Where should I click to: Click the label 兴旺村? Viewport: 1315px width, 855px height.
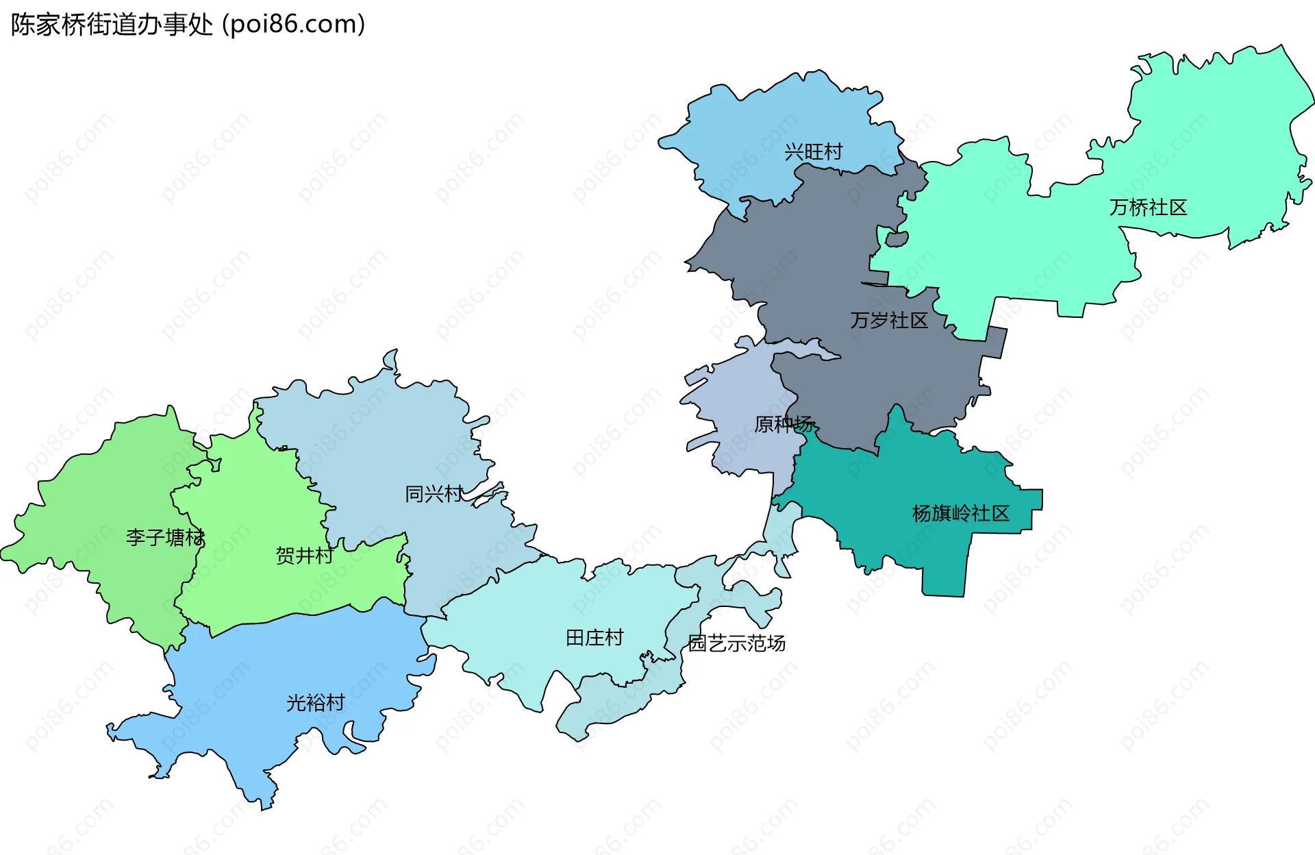pyautogui.click(x=813, y=152)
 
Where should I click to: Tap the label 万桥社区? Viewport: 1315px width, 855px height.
pyautogui.click(x=1148, y=208)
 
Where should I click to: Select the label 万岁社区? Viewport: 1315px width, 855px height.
pyautogui.click(x=889, y=321)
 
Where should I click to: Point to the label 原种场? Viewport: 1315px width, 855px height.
pyautogui.click(x=784, y=425)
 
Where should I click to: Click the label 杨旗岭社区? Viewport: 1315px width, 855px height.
pyautogui.click(x=960, y=514)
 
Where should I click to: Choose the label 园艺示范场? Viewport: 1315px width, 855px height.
pyautogui.click(x=736, y=644)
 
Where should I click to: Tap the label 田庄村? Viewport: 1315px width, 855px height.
pyautogui.click(x=594, y=639)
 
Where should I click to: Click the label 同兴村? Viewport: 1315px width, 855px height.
pyautogui.click(x=434, y=494)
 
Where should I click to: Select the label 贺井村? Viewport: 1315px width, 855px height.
pyautogui.click(x=304, y=556)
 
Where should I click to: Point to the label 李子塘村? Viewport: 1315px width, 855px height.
pyautogui.click(x=165, y=538)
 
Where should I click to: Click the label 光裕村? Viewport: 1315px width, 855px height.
pyautogui.click(x=315, y=703)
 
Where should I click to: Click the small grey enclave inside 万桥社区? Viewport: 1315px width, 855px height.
pyautogui.click(x=897, y=239)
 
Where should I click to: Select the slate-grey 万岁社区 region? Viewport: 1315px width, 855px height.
pyautogui.click(x=822, y=260)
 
